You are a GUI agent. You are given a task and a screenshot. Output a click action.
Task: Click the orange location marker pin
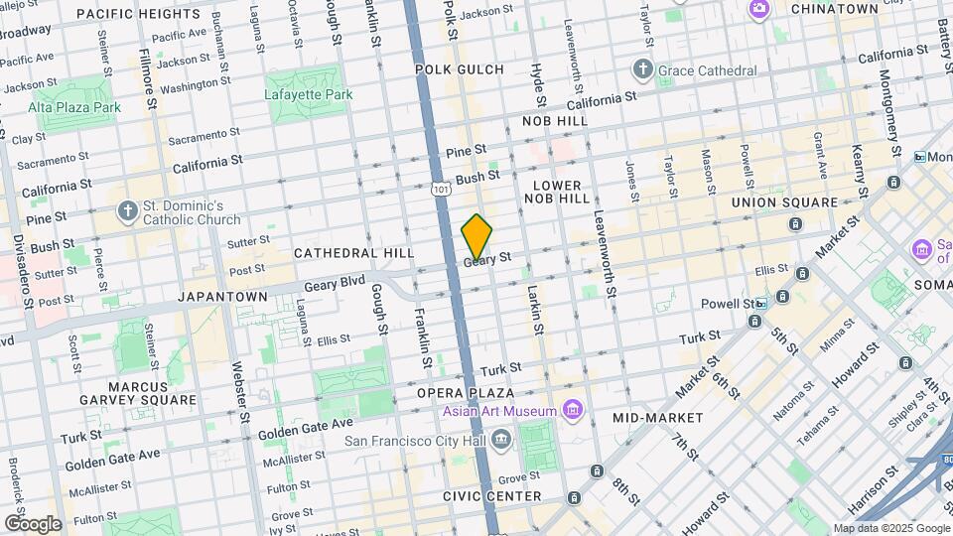pyautogui.click(x=477, y=236)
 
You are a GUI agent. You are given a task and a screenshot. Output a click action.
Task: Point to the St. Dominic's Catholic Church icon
pyautogui.click(x=126, y=210)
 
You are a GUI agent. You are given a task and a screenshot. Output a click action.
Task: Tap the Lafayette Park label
pyautogui.click(x=309, y=94)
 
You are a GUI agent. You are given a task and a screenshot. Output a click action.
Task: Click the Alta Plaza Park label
pyautogui.click(x=74, y=106)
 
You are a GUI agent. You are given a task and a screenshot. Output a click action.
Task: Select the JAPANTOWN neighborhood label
pyautogui.click(x=222, y=296)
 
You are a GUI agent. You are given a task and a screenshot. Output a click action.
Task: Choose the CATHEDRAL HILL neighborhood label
pyautogui.click(x=353, y=253)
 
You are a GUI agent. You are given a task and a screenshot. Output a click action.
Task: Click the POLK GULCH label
pyautogui.click(x=459, y=69)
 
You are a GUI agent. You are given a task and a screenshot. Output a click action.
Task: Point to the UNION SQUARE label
pyautogui.click(x=785, y=202)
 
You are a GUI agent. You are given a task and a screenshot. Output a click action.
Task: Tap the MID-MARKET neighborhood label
pyautogui.click(x=657, y=418)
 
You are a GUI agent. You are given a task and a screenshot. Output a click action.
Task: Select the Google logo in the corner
pyautogui.click(x=32, y=523)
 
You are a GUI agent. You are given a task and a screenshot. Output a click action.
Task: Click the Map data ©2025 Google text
pyautogui.click(x=890, y=528)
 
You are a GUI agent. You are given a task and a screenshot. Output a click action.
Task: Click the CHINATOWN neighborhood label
pyautogui.click(x=834, y=9)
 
